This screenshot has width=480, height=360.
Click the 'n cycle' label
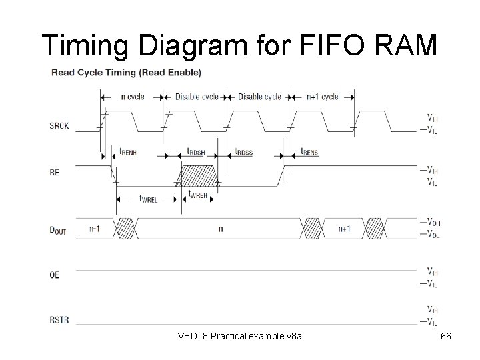pyautogui.click(x=131, y=97)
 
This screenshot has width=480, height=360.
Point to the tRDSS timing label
pyautogui.click(x=243, y=152)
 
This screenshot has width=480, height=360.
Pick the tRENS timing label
pyautogui.click(x=309, y=152)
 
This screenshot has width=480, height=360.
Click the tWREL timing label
pyautogui.click(x=149, y=197)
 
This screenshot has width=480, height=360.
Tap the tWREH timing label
pyautogui.click(x=199, y=195)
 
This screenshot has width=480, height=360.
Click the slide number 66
pyautogui.click(x=446, y=336)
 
